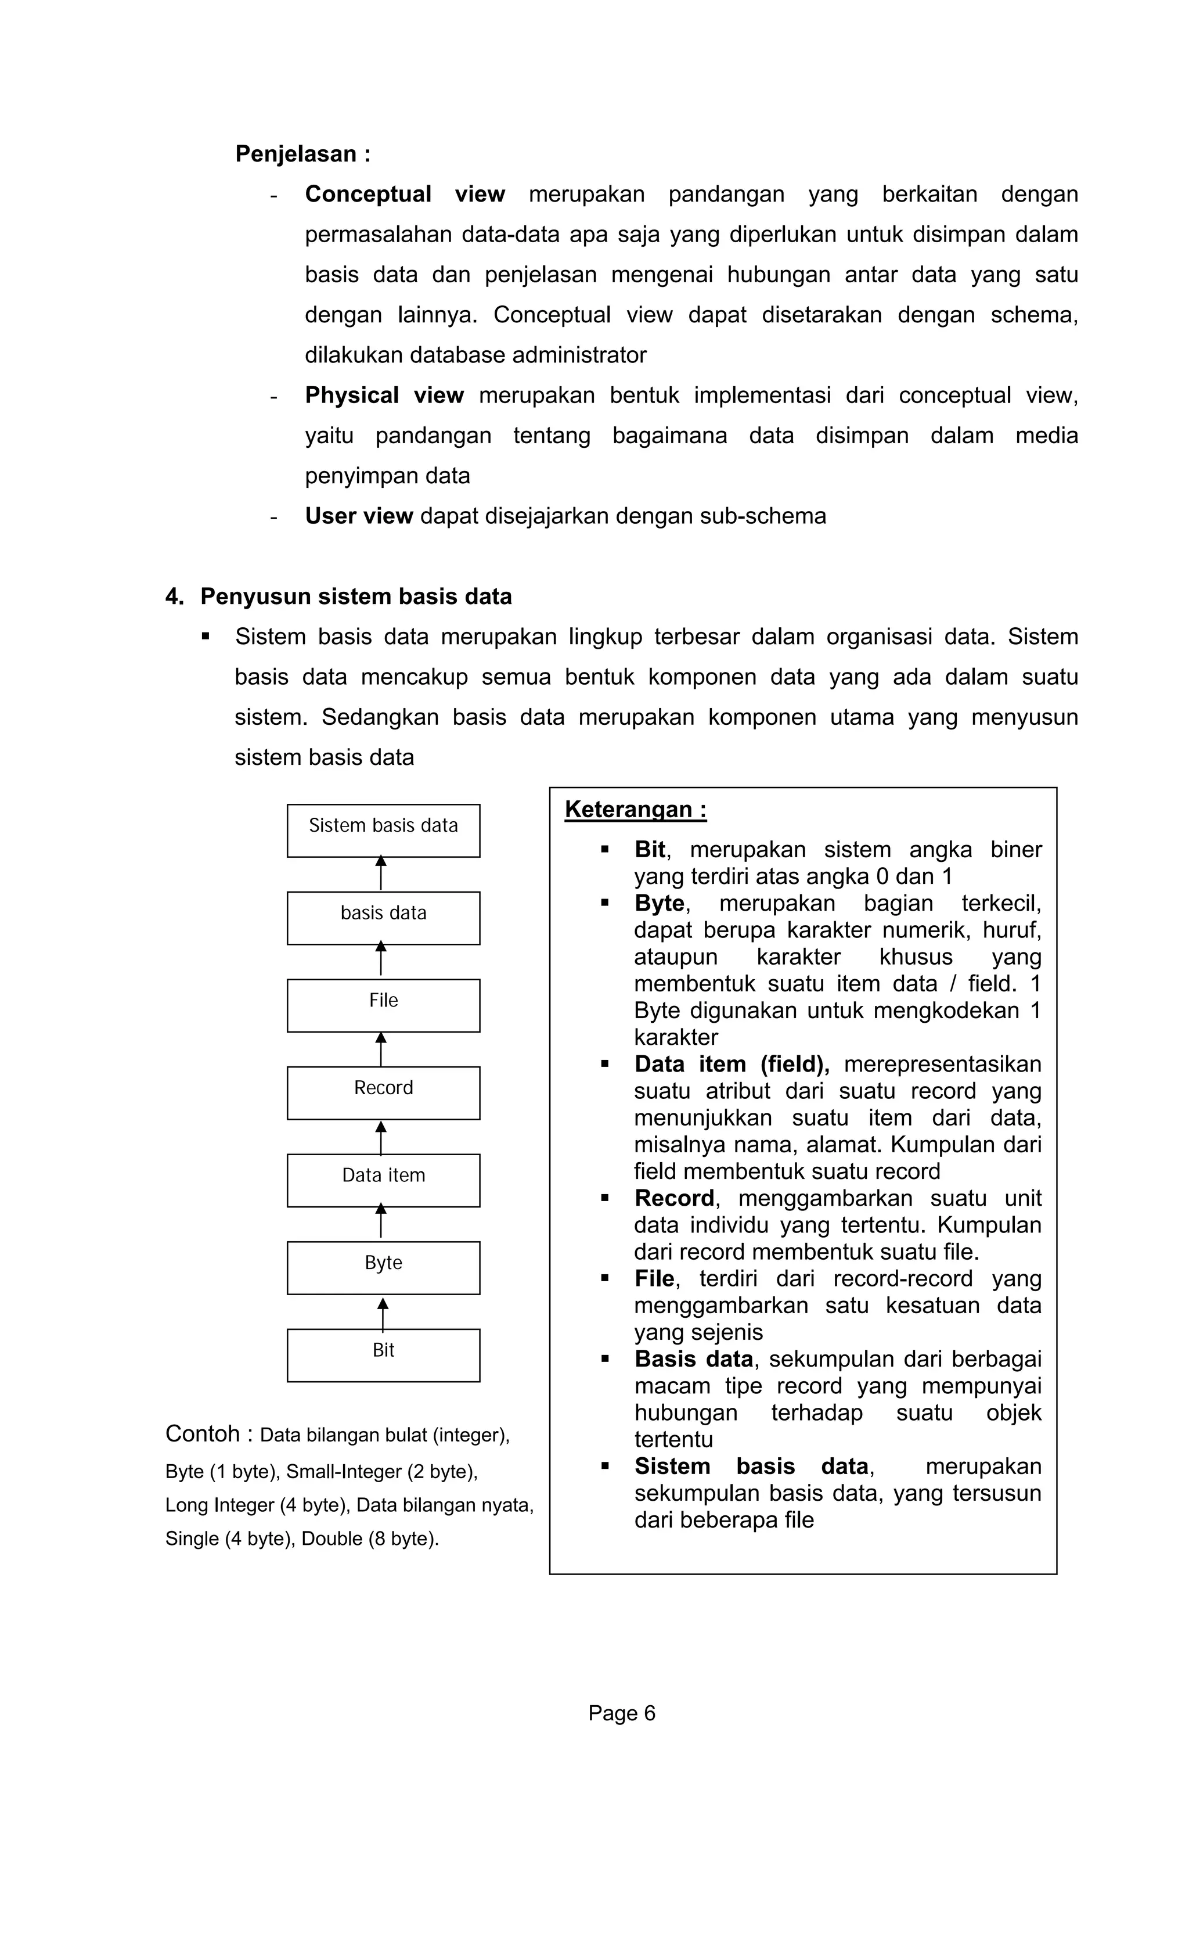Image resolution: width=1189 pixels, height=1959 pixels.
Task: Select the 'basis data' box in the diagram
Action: [x=383, y=918]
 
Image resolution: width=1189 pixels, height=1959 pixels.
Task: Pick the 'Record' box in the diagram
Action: [x=383, y=1092]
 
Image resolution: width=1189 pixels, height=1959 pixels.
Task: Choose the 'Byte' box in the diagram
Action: [x=383, y=1267]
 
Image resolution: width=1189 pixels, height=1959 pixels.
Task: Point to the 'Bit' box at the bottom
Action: [x=383, y=1355]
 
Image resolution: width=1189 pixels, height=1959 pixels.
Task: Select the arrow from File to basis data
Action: [x=381, y=959]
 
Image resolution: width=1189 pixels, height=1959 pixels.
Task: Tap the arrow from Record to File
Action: [x=381, y=1049]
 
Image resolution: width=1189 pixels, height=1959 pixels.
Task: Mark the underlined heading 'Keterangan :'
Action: [x=635, y=810]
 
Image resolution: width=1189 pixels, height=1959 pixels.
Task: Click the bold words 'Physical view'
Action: [x=384, y=395]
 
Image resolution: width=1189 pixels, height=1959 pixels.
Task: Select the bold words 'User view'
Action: [x=358, y=516]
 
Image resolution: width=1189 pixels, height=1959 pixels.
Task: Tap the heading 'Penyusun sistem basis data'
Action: [x=355, y=596]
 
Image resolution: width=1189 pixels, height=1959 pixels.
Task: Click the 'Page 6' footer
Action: [x=622, y=1713]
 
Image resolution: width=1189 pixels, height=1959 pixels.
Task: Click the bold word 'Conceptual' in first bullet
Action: [x=368, y=194]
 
